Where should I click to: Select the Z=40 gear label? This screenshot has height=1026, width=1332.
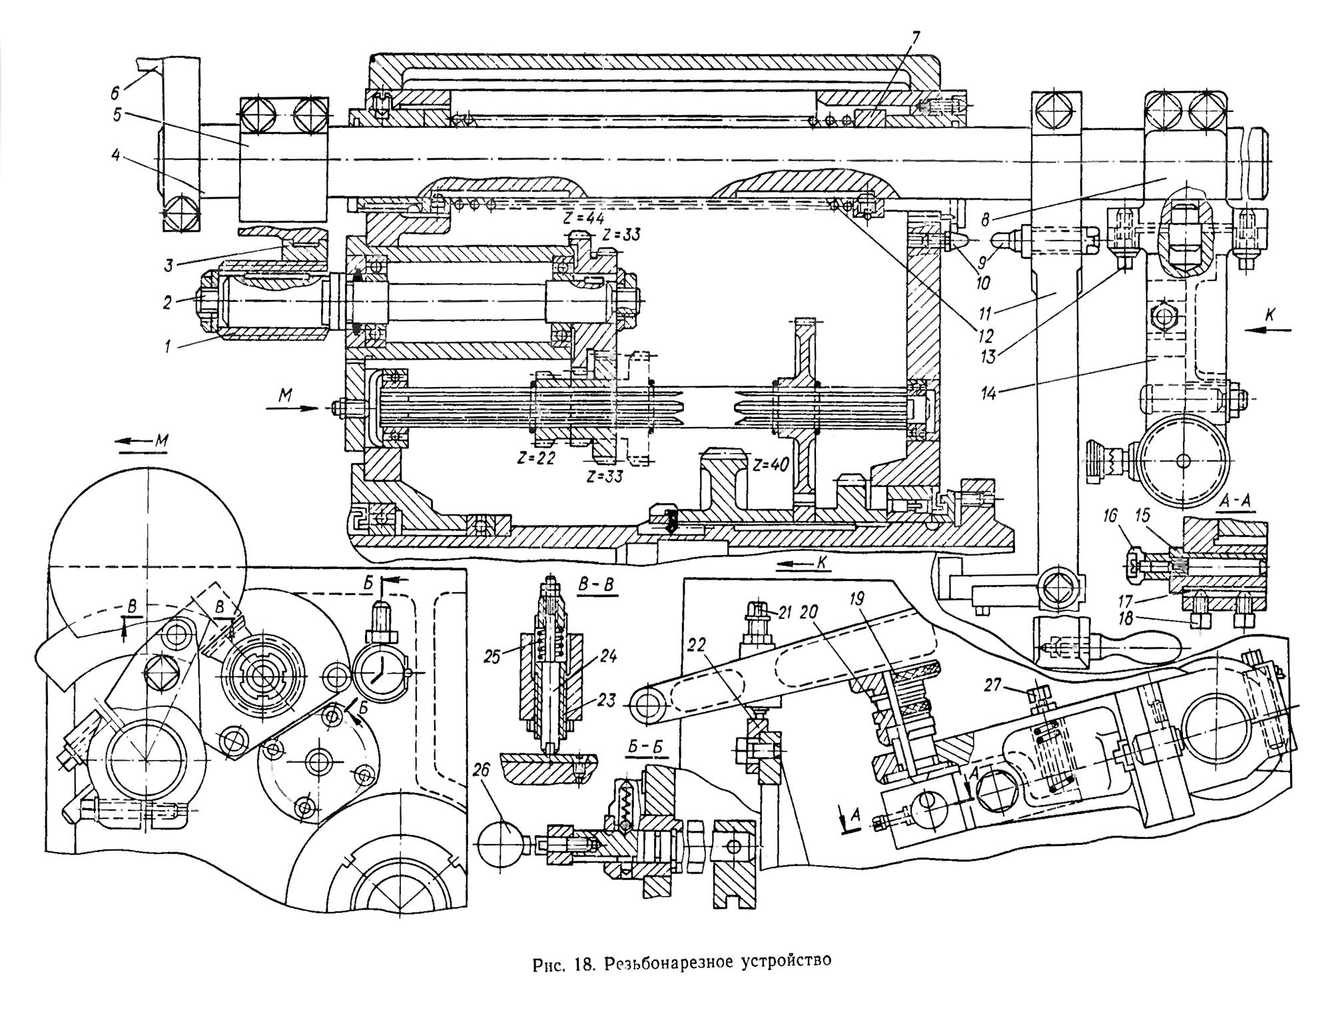click(770, 464)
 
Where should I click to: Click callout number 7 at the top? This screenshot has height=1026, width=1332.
click(916, 39)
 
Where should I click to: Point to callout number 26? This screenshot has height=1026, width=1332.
click(481, 771)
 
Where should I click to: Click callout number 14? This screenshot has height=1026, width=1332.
click(988, 393)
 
